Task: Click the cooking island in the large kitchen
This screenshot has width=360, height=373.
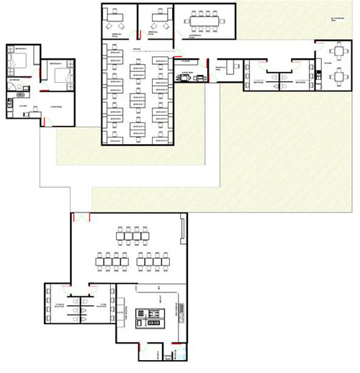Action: pos(153,316)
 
